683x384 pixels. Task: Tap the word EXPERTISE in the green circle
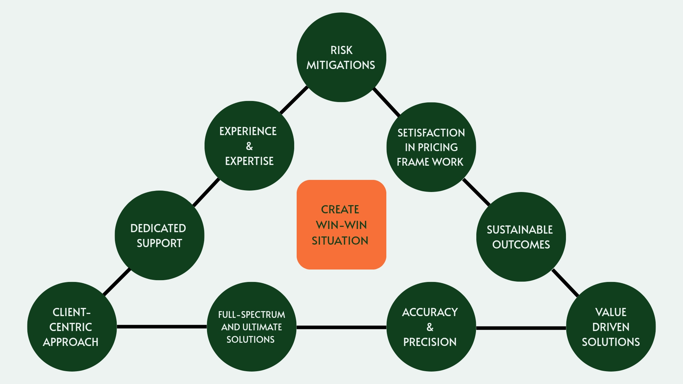pos(249,161)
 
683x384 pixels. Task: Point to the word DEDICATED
pos(158,228)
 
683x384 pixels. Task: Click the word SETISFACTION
pos(431,133)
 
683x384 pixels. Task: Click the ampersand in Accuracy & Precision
pos(430,327)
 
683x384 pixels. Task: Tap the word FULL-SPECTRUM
pos(252,315)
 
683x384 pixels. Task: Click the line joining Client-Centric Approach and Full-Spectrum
pos(162,327)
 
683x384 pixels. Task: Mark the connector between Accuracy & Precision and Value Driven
pos(521,328)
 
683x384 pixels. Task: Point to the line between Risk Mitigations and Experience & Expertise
pos(294,100)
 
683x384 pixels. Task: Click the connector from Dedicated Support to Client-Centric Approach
pos(117,282)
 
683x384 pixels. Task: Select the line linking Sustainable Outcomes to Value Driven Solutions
pos(565,283)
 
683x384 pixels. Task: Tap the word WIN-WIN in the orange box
pos(341,225)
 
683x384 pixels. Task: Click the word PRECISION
pos(430,342)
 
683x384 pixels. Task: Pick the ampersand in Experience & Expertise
pos(249,146)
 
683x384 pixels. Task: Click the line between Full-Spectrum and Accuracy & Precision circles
pos(341,327)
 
